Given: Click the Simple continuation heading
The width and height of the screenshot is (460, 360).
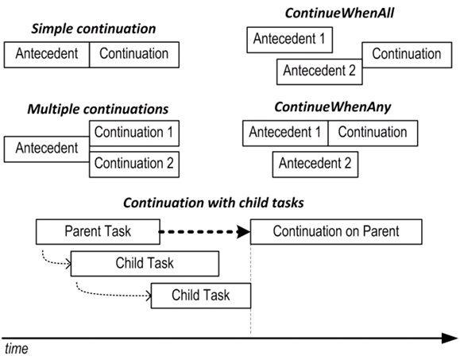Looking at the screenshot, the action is tap(93, 29).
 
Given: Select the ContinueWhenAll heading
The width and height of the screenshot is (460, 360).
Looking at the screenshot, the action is tap(339, 14).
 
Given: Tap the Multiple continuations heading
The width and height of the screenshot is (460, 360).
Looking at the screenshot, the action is tap(98, 109).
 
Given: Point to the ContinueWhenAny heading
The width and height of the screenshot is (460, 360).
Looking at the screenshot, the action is tap(332, 107).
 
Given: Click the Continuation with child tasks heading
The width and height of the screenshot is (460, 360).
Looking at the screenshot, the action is tap(214, 203).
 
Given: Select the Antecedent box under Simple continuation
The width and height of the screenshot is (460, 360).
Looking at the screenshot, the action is tap(47, 55).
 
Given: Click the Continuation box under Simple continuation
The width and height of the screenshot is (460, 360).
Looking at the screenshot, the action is tap(134, 55).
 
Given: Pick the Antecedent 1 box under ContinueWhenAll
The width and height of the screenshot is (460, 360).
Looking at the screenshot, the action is tap(289, 40).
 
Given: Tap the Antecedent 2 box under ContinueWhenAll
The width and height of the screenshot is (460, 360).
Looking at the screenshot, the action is tap(319, 72).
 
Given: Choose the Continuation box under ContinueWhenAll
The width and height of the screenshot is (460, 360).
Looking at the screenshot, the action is tap(407, 55).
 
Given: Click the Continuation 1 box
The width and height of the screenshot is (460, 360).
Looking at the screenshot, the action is tap(134, 134).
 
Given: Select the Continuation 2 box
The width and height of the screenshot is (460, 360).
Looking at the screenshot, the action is tap(134, 165).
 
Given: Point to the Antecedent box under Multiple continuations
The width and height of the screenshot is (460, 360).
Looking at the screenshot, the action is tap(47, 149).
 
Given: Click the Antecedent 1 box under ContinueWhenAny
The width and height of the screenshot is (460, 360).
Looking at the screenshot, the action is tap(285, 134).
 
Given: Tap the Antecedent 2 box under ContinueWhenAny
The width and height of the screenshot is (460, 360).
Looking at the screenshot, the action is tap(315, 165).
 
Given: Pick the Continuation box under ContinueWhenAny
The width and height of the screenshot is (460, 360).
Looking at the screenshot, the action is tap(373, 134).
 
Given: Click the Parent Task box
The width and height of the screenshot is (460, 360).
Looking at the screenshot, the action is tap(98, 231).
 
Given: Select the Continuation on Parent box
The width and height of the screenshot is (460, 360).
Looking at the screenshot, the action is tap(336, 231).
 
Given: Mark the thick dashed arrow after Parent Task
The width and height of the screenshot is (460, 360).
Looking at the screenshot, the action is tap(204, 232).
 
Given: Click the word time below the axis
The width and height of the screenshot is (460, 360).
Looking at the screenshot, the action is tap(17, 349).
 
